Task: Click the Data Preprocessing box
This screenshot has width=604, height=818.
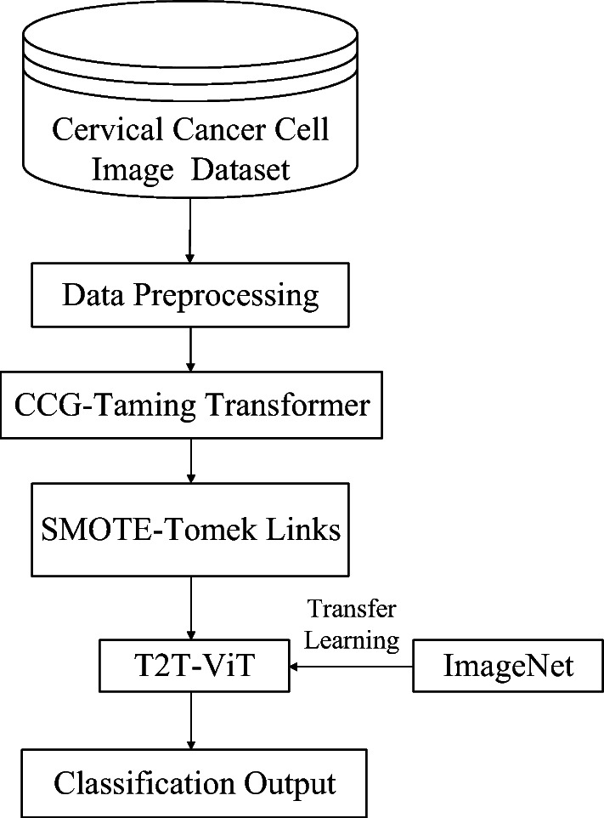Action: (190, 295)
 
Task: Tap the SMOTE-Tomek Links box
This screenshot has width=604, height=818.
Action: (190, 529)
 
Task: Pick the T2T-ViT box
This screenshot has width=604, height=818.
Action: (190, 666)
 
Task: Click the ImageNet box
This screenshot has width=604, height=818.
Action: (508, 666)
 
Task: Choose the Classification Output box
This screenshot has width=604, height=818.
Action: (190, 781)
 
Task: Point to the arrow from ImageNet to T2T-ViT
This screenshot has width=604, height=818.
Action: (347, 666)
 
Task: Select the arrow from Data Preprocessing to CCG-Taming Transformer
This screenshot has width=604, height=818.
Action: (190, 349)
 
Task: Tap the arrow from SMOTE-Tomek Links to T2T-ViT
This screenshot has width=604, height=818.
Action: (190, 608)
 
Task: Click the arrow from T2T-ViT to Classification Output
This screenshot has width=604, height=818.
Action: (190, 719)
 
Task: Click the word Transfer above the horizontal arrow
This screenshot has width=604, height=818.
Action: (352, 610)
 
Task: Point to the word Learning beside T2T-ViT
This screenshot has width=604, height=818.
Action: (352, 639)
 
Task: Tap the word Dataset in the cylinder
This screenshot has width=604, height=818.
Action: (240, 169)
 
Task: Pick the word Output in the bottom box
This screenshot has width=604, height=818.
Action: (282, 782)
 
